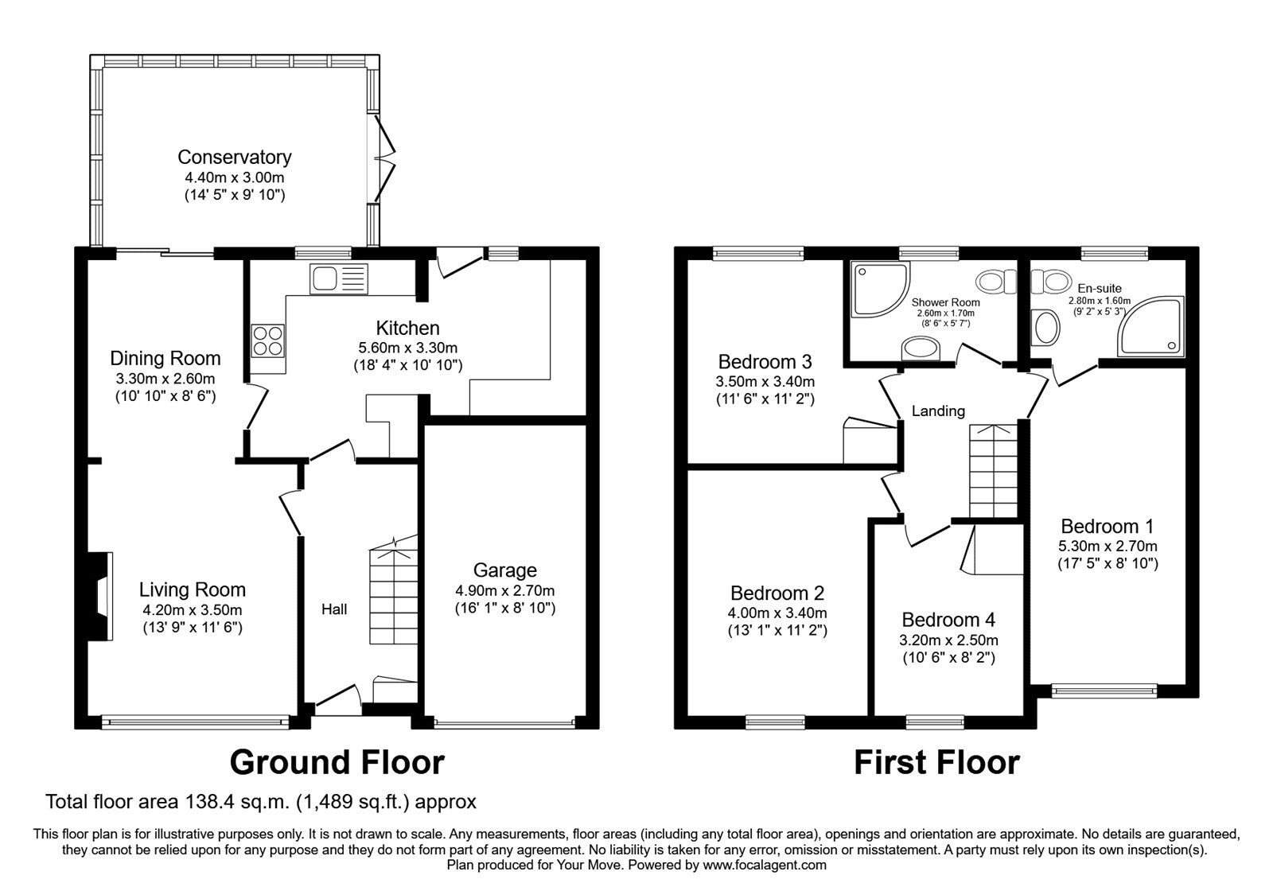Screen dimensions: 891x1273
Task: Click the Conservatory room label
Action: coord(234,157)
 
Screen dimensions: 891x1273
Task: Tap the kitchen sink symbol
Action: coord(340,278)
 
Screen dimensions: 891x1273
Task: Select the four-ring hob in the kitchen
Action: coord(267,341)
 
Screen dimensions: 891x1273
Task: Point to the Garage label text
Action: coord(504,570)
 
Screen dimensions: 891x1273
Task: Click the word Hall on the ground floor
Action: coord(333,610)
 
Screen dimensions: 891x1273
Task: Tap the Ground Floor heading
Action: coord(337,762)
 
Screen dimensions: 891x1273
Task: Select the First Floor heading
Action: coord(936,762)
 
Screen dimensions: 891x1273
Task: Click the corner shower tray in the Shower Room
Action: coord(878,290)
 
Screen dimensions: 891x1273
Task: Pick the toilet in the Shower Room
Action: coord(996,281)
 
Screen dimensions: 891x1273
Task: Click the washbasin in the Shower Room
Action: coord(921,348)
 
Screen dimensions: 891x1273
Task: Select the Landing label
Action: coord(938,411)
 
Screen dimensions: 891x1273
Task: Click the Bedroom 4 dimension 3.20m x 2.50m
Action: coord(948,640)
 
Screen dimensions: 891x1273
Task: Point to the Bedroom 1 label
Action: coord(1107,526)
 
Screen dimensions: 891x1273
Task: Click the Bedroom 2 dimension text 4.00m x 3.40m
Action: coord(777,613)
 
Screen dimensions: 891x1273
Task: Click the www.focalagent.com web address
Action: coord(765,865)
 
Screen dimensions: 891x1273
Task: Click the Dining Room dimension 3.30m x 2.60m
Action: coord(165,379)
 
